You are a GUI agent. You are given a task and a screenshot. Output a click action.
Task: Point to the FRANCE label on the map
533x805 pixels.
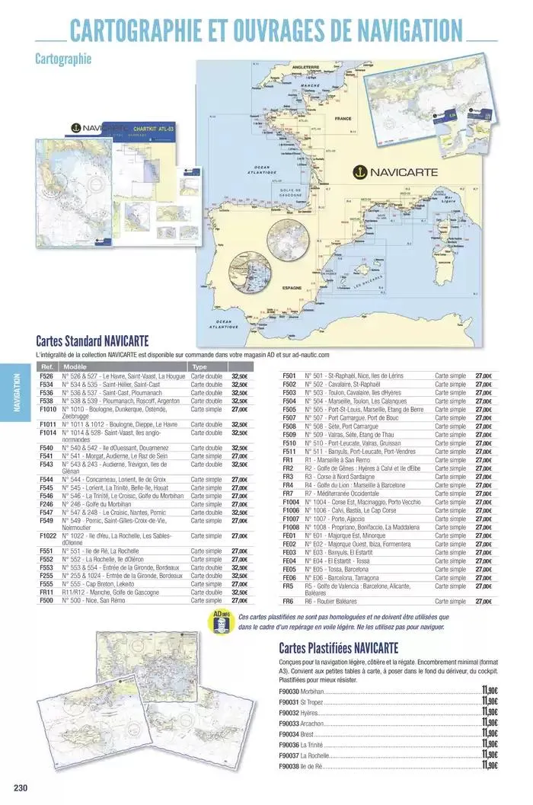pos(341,120)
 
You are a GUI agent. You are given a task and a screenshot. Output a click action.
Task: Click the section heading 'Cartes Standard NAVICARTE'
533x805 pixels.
pos(92,341)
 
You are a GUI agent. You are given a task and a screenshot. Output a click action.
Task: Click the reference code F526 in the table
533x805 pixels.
pos(46,376)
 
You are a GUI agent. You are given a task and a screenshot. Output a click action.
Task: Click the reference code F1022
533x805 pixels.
pos(47,535)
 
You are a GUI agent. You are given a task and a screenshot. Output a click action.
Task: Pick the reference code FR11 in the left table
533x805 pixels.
pos(46,592)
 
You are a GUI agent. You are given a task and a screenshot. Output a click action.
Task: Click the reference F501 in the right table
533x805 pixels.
pos(289,376)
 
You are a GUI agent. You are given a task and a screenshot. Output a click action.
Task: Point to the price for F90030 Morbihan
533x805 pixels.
pos(490,691)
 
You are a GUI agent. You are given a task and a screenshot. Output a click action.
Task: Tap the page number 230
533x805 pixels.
pos(20,787)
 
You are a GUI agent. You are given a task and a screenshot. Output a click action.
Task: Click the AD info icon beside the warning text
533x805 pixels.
pos(221,621)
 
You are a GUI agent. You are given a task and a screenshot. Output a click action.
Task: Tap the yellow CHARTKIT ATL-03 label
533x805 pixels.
pos(153,129)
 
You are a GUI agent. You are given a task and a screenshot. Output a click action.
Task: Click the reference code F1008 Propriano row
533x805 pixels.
pos(290,526)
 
